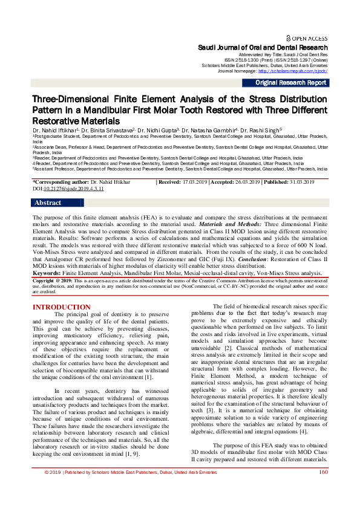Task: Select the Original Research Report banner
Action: [x=291, y=83]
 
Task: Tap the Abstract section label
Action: [x=48, y=203]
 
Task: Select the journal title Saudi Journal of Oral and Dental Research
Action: [x=263, y=47]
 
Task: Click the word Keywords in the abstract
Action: [x=48, y=273]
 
